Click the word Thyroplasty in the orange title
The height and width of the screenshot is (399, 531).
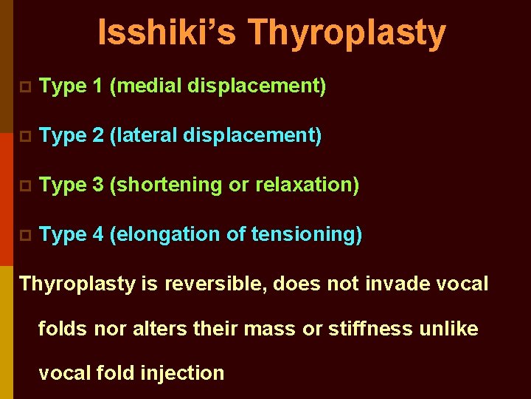pos(347,34)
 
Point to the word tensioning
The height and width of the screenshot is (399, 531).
pos(304,235)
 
